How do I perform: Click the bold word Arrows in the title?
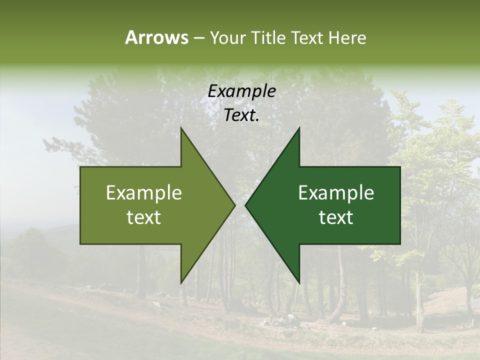156,37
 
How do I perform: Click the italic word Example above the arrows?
241,91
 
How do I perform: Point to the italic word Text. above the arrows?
241,115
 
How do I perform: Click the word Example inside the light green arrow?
144,193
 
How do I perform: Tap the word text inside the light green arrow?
144,217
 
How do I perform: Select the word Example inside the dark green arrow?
336,193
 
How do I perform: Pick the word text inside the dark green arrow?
336,217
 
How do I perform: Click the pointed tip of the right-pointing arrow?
235,205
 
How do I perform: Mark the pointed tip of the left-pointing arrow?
245,205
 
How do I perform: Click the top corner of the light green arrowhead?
181,127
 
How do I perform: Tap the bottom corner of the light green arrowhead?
181,283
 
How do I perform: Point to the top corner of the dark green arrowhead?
299,127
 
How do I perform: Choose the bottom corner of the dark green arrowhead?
299,283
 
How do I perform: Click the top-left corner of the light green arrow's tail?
80,167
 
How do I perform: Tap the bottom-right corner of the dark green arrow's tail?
400,243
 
